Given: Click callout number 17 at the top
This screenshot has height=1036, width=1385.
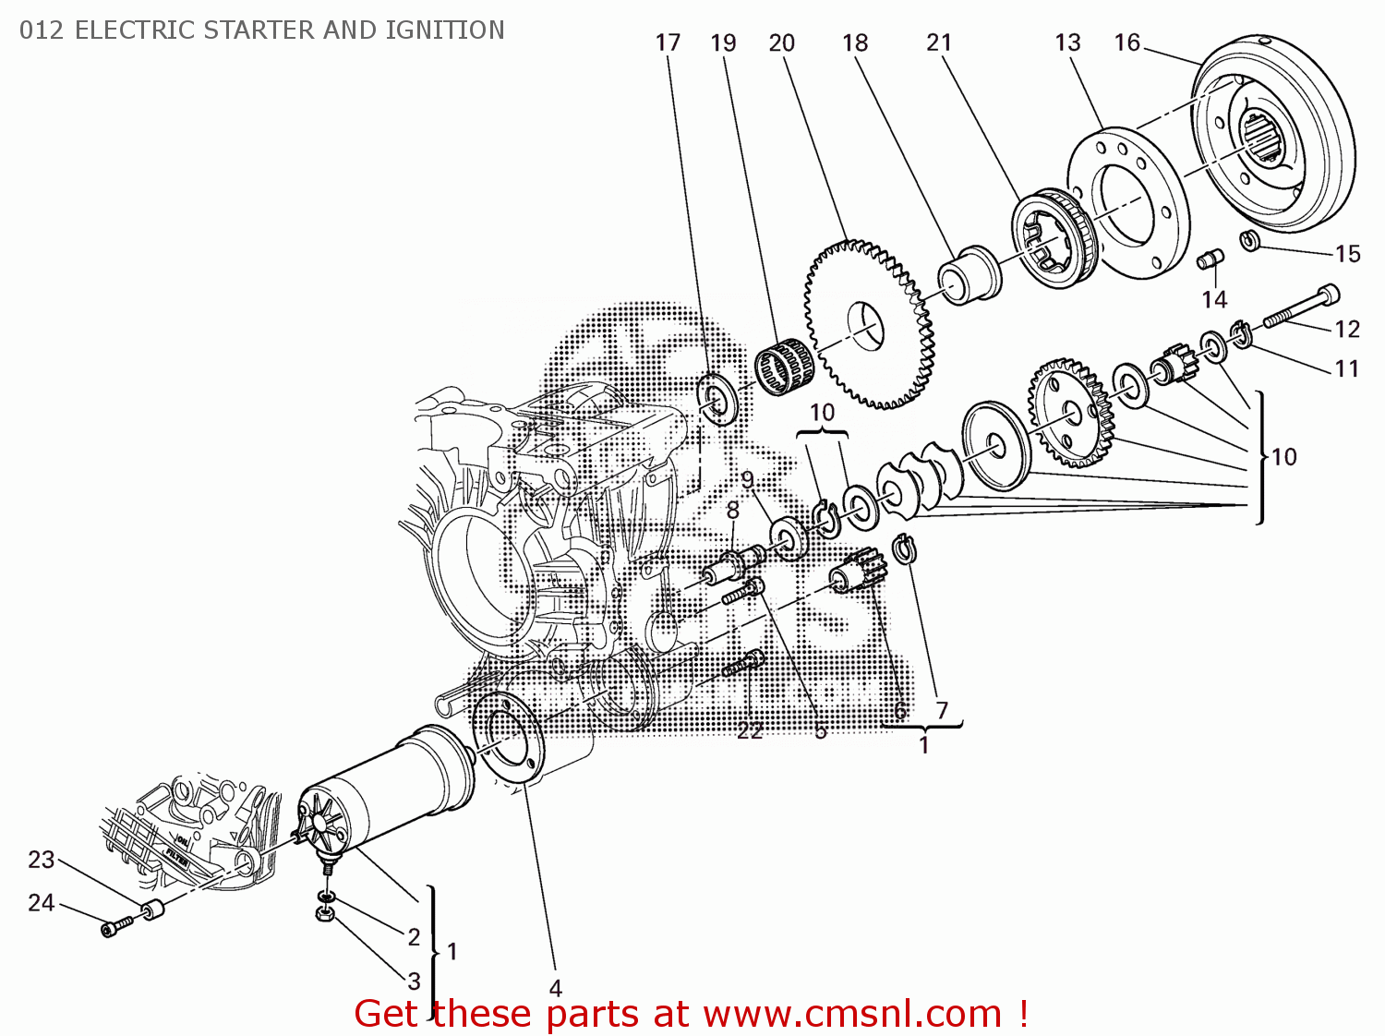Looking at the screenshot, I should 668,42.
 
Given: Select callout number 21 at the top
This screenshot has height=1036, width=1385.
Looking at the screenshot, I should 939,42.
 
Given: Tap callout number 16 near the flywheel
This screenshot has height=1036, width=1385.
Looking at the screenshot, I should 1127,42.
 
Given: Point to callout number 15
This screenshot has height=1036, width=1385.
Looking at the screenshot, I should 1347,254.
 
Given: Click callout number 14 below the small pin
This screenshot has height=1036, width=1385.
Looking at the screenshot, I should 1214,299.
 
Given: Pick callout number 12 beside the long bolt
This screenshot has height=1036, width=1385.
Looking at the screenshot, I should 1347,329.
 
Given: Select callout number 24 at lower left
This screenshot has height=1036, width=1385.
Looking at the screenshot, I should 41,902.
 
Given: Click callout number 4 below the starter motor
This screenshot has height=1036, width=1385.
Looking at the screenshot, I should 555,988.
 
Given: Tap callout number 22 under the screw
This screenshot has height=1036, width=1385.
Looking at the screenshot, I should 750,730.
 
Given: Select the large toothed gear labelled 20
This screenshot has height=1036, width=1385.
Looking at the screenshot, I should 868,323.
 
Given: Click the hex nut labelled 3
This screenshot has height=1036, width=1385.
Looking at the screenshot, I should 324,914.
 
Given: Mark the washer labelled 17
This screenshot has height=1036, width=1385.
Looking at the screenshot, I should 716,399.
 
